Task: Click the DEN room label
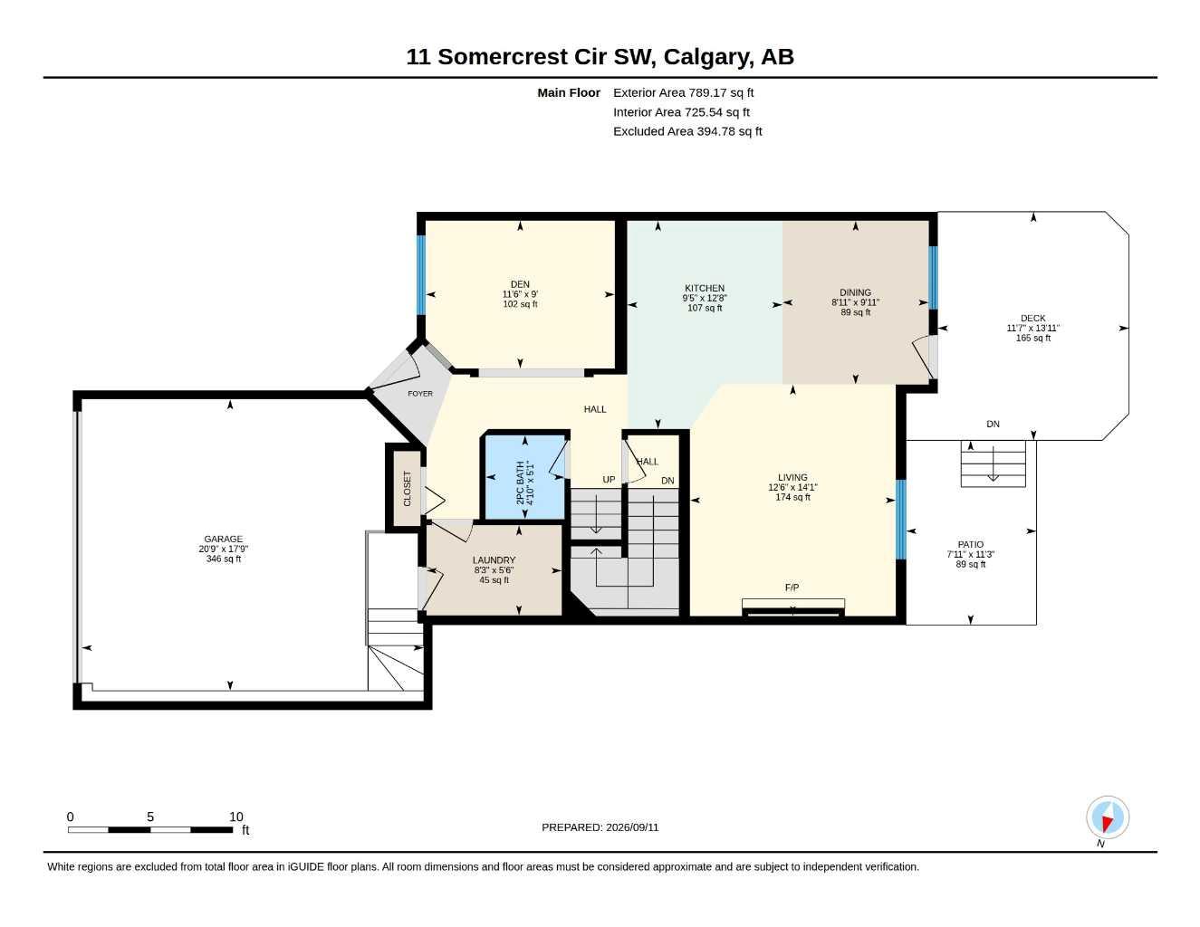pos(520,284)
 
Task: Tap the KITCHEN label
pos(704,288)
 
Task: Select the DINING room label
pos(855,292)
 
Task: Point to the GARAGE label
pos(223,540)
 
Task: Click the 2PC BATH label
pos(520,483)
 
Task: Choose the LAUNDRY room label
pos(494,560)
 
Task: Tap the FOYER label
pos(419,394)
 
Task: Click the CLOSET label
pos(407,488)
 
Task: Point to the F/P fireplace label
pos(792,588)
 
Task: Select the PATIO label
pos(970,545)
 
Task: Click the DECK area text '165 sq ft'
pos(1032,338)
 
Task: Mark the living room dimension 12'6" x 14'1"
pos(792,487)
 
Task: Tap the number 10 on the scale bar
pos(235,817)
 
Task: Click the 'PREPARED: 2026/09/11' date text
pos(600,827)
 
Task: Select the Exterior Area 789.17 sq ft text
pos(683,92)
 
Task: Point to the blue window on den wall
pos(421,275)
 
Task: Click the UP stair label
pos(608,480)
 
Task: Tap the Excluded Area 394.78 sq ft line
pos(687,131)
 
